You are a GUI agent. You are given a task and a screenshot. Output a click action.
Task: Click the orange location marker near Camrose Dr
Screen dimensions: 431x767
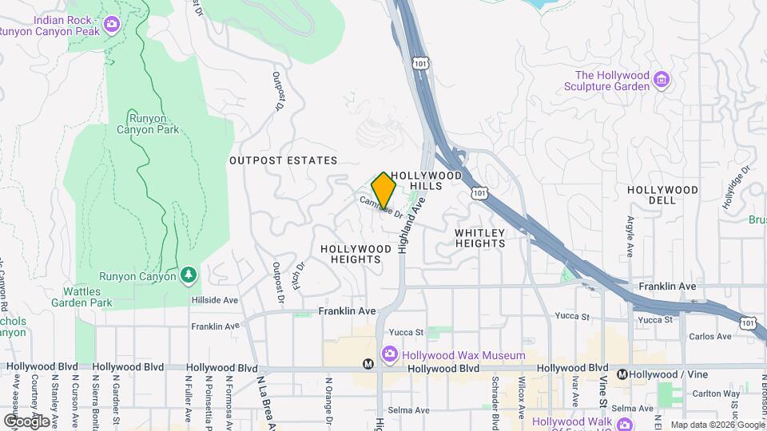coord(383,190)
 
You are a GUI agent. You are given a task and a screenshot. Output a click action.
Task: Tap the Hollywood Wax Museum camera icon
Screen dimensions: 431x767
coord(389,354)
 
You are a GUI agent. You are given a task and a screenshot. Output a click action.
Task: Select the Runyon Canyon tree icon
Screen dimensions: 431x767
coord(189,275)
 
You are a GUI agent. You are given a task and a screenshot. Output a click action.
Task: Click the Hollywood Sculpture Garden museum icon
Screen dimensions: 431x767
coord(661,80)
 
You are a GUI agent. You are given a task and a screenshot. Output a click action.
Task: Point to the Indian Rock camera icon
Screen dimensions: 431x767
coord(112,24)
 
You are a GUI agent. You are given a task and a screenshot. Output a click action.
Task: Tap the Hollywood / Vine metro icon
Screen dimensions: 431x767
coord(622,374)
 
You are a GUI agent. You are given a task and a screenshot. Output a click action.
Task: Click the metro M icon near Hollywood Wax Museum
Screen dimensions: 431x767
coord(368,364)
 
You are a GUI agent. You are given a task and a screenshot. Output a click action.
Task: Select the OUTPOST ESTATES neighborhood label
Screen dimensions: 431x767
coord(277,160)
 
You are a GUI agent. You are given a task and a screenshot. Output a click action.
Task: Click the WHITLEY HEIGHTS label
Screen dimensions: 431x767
coord(479,238)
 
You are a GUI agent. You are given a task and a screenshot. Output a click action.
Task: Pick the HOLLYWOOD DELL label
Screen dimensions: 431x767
coord(662,196)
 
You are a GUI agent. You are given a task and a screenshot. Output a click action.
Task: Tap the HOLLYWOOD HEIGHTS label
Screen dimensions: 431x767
coord(356,254)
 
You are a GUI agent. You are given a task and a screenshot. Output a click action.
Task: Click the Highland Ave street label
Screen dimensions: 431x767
coord(409,227)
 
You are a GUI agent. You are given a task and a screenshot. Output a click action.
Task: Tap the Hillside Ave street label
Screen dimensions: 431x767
coord(215,300)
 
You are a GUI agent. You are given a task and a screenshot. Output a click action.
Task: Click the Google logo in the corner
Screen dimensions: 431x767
coord(26,421)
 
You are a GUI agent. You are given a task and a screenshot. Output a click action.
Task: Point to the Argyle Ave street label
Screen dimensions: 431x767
coord(630,235)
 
